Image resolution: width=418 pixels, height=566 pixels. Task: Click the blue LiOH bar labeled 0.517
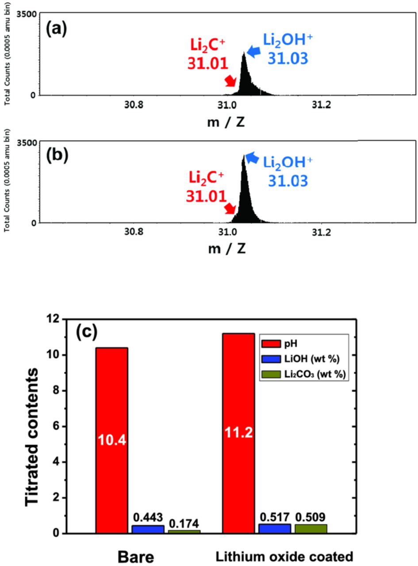point(275,528)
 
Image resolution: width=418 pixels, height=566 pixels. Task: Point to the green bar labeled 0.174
point(184,532)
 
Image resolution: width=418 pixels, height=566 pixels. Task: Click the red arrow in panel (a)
point(230,81)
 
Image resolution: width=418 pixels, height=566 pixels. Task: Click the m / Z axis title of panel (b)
point(226,249)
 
